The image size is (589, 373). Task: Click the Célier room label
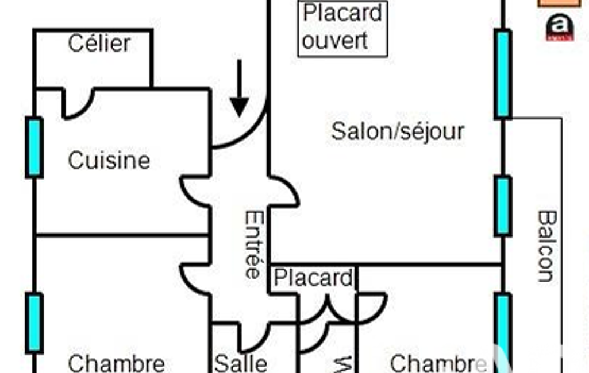point(99,44)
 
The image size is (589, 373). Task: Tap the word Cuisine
point(109,160)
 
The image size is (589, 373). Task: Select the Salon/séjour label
point(397,131)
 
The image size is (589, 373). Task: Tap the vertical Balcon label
point(546,246)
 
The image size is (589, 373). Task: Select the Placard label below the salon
point(313,278)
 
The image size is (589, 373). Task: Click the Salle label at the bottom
point(241,363)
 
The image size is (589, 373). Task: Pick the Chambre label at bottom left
point(116,363)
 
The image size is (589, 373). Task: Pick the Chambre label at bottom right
point(438,363)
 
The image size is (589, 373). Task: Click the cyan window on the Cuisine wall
point(34,147)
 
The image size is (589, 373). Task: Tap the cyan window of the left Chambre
point(34,323)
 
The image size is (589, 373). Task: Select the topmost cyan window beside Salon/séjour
point(503,74)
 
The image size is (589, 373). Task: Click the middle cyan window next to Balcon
point(503,206)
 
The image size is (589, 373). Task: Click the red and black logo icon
point(559,28)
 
